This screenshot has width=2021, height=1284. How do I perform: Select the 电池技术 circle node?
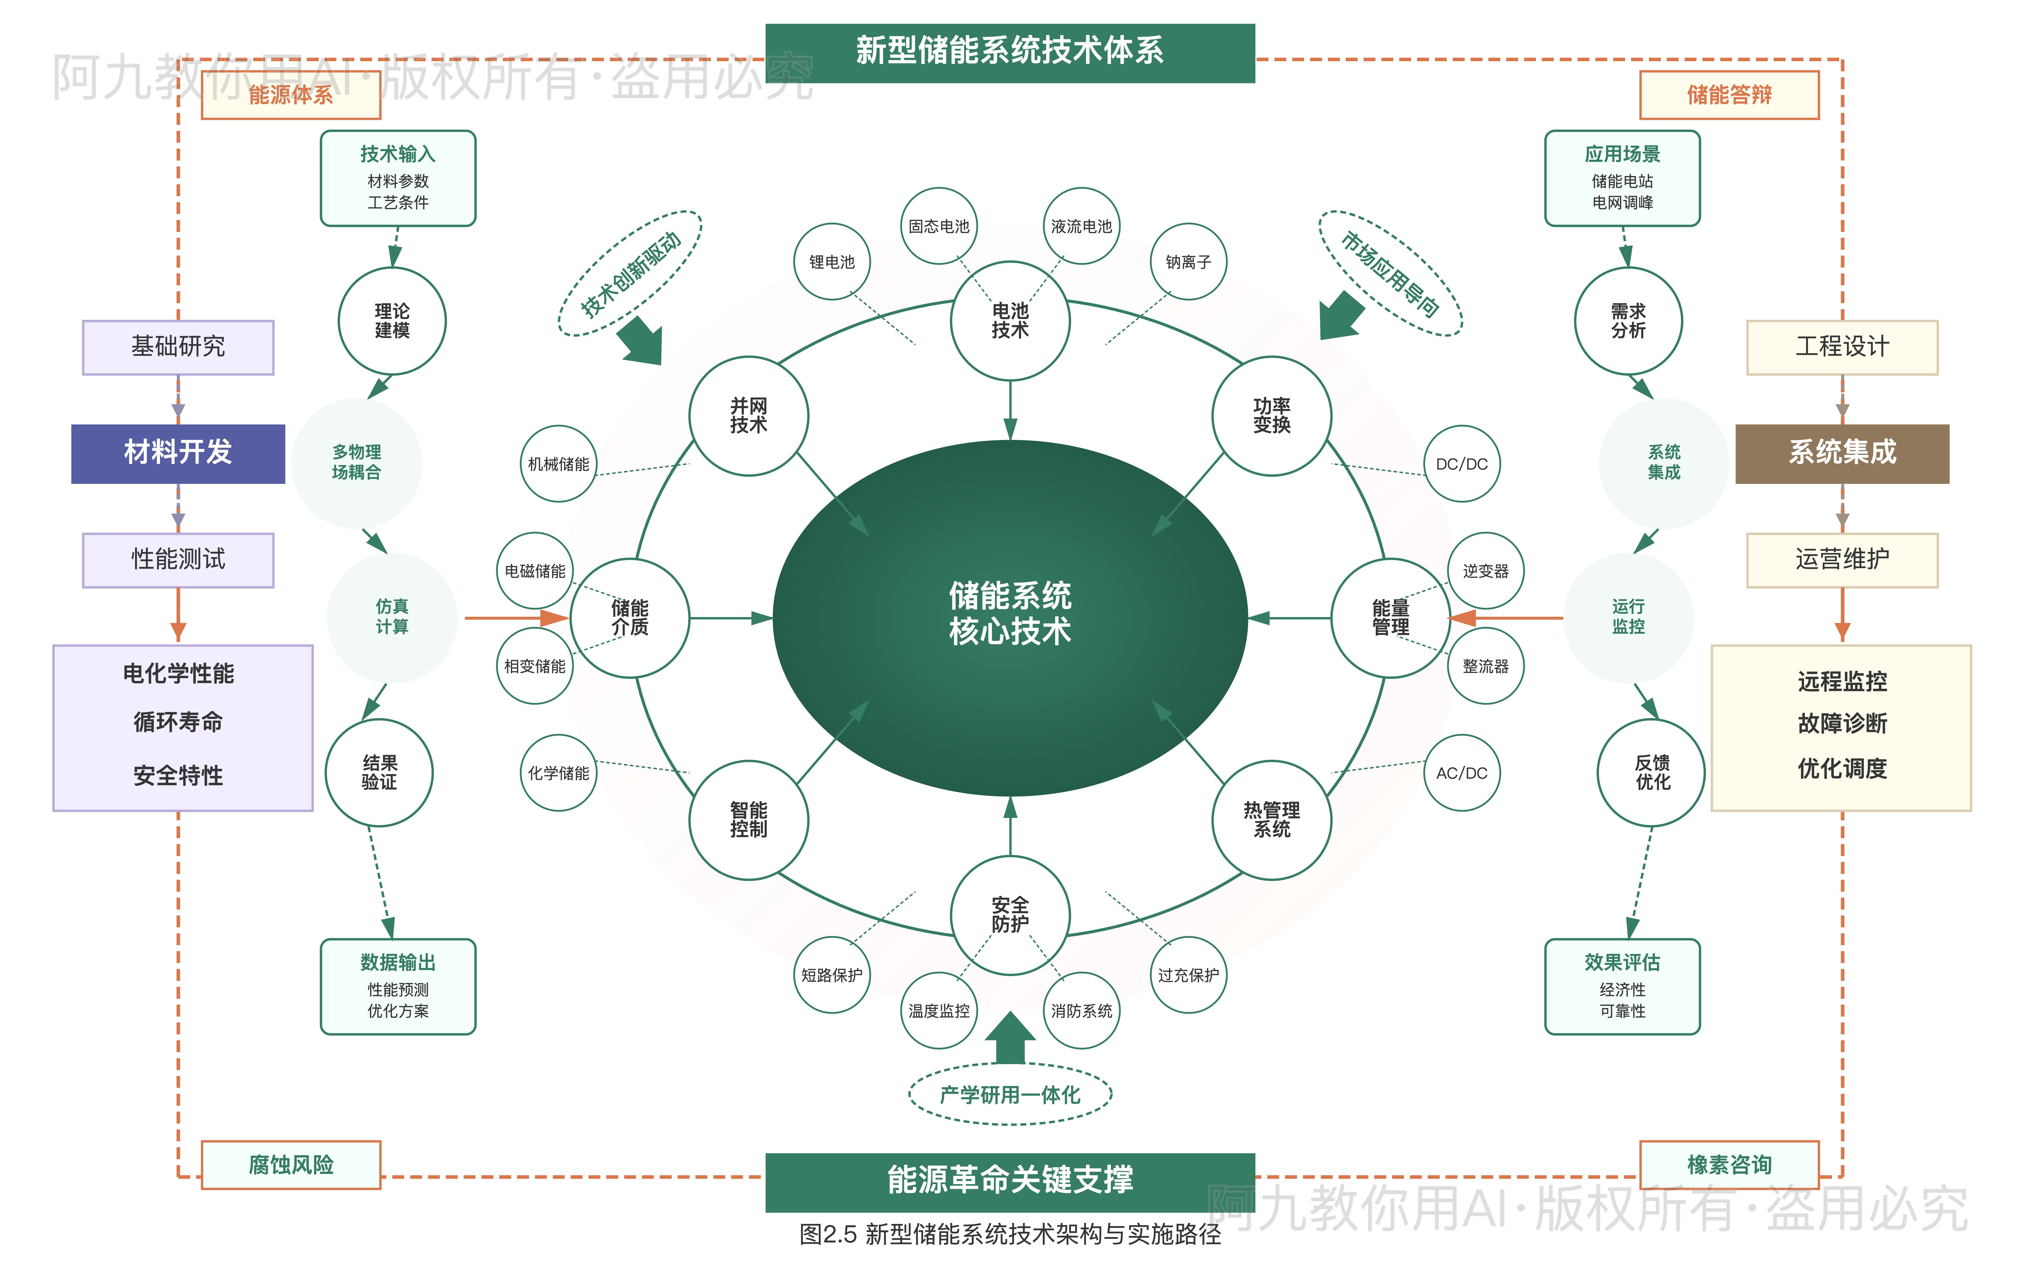[1010, 321]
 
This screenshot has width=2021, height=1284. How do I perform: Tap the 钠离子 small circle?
[1188, 262]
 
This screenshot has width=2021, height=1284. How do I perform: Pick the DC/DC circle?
[1461, 464]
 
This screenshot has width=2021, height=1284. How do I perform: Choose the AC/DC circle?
[1461, 773]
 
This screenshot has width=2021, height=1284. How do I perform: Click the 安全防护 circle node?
[1010, 915]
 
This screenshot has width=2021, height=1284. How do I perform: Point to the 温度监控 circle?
[938, 1010]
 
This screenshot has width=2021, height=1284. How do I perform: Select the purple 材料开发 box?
[178, 453]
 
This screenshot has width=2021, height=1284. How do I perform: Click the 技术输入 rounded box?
[398, 178]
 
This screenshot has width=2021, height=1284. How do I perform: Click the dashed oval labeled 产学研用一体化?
[1010, 1094]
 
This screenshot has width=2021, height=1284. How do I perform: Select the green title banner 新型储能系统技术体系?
[1010, 52]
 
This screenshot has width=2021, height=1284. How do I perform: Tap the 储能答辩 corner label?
[1729, 95]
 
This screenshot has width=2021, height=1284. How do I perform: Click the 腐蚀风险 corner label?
[291, 1165]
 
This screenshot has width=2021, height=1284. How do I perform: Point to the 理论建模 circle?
[392, 321]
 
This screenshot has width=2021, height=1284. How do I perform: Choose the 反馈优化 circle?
[1652, 772]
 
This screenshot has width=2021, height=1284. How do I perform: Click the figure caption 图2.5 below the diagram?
[1010, 1234]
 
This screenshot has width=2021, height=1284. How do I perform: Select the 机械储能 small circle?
[558, 464]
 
